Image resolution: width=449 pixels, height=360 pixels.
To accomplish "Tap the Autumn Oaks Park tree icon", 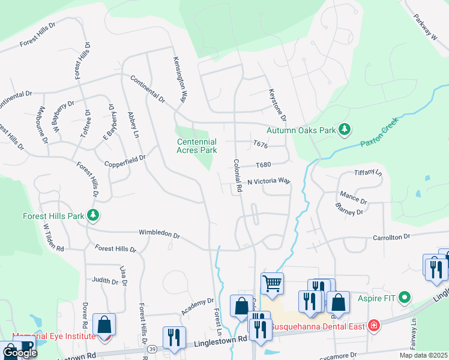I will pos(345,129).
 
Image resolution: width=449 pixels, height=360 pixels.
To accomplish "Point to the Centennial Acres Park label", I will pos(196,146).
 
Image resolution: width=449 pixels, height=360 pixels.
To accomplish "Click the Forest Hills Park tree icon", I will pos(92,215).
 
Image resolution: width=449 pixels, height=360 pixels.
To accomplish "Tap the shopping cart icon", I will pos(272,283).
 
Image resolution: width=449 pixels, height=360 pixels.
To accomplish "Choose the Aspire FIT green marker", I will pos(405,298).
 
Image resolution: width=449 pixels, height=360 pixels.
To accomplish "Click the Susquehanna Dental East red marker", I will pos(374,326).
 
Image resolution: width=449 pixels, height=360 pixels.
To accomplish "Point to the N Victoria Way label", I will pos(270,181).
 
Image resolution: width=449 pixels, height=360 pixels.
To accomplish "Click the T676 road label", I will pos(261,145).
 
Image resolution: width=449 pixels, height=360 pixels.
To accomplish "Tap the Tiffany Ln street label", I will pos(368,173).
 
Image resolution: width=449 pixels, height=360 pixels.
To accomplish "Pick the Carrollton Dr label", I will pos(391,237).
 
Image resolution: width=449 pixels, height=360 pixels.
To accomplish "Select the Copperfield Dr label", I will pos(125,159).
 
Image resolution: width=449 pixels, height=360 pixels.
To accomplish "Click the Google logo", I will pos(20,353).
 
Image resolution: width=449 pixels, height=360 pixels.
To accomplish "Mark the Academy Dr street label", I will pos(197,306).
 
